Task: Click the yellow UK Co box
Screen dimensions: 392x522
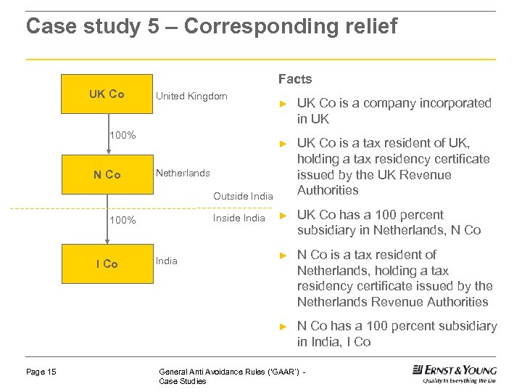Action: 107,94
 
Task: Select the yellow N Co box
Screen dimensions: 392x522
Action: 107,175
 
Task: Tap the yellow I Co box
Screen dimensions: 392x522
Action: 107,264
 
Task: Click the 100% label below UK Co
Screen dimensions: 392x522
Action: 122,134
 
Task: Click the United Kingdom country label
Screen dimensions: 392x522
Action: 191,96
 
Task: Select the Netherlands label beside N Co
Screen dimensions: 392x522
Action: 183,173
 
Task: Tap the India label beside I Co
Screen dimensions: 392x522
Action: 167,261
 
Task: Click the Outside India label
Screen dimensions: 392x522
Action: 243,196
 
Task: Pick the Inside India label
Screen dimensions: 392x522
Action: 239,218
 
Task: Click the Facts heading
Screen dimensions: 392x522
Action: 295,79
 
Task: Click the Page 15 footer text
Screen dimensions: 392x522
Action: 41,372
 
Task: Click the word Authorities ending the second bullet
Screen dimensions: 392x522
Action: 328,190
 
